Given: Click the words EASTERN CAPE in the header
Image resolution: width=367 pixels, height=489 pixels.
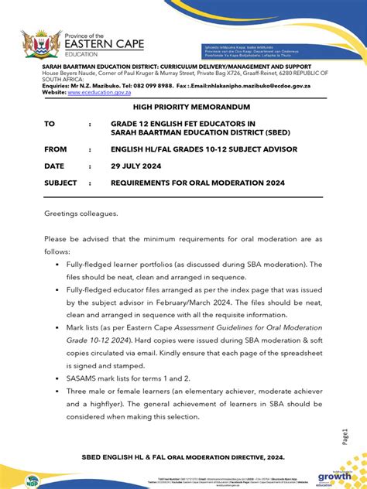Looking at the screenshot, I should tap(105, 45).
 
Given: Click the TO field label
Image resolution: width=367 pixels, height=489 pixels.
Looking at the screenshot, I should tap(49, 124).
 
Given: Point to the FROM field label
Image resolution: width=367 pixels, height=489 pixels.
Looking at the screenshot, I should tap(55, 149).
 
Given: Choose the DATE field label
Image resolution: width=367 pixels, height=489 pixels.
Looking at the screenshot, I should tap(53, 166).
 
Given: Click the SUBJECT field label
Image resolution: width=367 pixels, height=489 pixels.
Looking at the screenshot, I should tap(60, 183).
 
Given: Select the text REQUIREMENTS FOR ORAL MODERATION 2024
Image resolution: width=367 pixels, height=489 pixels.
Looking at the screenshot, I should tap(197, 183).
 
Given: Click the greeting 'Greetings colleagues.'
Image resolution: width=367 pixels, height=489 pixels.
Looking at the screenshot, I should tap(81, 213).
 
